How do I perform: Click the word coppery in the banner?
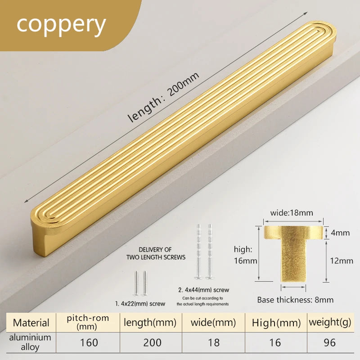pos(61,25)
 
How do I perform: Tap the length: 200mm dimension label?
pos(163,97)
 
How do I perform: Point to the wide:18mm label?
pos(292,213)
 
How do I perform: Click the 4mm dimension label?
pos(340,233)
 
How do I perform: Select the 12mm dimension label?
pos(342,261)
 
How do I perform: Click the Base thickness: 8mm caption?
pos(295,300)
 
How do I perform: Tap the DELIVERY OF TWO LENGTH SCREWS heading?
pos(156,253)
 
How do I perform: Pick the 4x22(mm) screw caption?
pos(140,304)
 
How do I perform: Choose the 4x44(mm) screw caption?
pos(204,290)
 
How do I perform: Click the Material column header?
pos(31,323)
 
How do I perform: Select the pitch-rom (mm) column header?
pos(88,322)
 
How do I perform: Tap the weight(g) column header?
pos(330,322)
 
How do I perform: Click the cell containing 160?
pos(89,342)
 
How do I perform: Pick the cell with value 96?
pos(330,342)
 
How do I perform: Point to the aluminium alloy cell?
pos(30,342)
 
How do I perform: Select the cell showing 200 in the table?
pos(152,342)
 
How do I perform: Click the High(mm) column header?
pos(276,323)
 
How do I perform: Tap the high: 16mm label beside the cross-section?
pos(245,255)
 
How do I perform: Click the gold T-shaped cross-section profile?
pos(293,253)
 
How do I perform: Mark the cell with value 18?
pos(213,342)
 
